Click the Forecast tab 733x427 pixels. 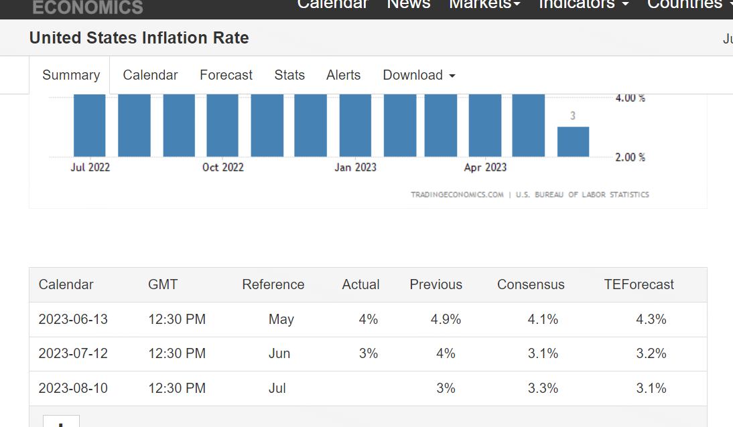click(226, 75)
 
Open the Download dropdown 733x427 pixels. click(419, 75)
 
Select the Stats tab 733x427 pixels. click(289, 75)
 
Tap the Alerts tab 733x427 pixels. click(343, 75)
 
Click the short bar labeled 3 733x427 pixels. click(573, 141)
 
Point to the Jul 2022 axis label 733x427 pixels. click(90, 167)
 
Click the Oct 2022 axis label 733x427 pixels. click(223, 167)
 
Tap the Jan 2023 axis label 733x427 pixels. click(355, 167)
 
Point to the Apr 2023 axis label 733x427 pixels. click(485, 167)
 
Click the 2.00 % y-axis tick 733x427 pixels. click(630, 157)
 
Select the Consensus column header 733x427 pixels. click(531, 284)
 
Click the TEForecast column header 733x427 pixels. click(639, 284)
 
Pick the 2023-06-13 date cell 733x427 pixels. click(73, 319)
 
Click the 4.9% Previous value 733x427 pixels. click(446, 319)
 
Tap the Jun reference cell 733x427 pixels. click(279, 353)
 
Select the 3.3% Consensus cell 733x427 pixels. click(543, 388)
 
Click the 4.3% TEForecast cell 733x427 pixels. click(651, 319)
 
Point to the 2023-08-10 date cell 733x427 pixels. click(73, 388)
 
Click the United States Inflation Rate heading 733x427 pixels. click(139, 38)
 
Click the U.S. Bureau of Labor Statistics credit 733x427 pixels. click(582, 195)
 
